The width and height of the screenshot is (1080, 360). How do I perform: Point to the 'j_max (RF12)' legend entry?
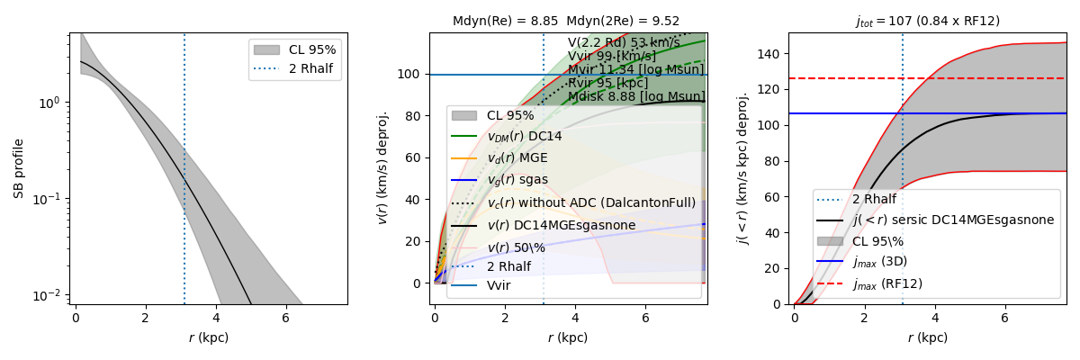[886, 283]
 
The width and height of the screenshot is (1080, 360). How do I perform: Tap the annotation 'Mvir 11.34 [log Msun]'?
[636, 70]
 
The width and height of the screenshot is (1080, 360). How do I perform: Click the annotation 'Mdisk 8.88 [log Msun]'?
[636, 96]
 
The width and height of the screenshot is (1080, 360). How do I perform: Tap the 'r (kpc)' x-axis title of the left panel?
[208, 337]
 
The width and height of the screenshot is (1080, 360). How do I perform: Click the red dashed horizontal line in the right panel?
[990, 78]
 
